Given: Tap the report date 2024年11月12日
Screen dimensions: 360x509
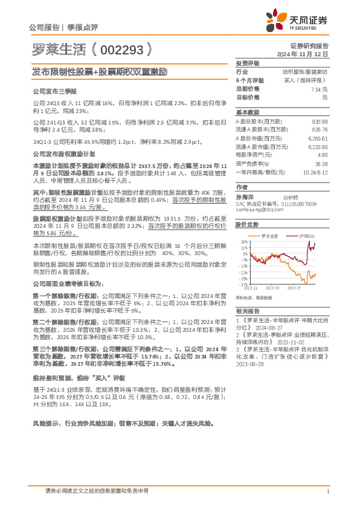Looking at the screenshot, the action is (x=307, y=54).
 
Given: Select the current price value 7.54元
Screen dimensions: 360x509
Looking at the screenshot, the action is (x=319, y=89).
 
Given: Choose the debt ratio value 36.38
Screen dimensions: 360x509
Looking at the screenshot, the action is (x=321, y=163).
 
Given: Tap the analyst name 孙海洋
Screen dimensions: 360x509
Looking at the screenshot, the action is (x=244, y=197).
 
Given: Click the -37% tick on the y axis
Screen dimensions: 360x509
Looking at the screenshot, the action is (x=243, y=284).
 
